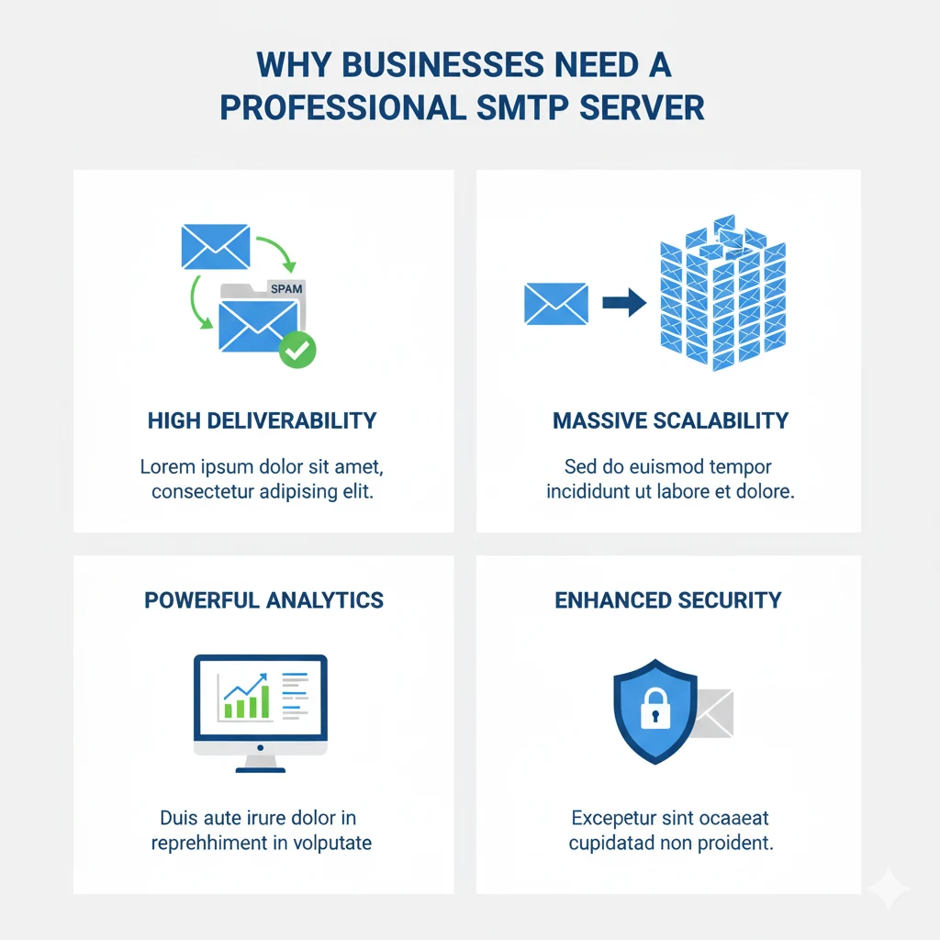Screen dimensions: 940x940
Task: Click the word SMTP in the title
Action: point(529,106)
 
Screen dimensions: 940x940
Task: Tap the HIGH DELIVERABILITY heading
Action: point(262,420)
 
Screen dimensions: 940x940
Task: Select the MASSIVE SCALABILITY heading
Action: point(670,420)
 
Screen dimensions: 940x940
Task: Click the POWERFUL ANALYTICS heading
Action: point(263,600)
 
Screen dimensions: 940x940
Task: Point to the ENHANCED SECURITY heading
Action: point(668,600)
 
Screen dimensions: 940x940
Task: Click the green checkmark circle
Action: point(297,350)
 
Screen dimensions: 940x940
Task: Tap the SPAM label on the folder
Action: point(286,288)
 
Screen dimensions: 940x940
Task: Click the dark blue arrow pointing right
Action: point(624,304)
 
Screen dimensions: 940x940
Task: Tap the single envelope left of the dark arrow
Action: point(555,304)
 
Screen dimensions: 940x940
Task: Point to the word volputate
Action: point(326,842)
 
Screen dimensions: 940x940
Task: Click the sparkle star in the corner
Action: point(888,889)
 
